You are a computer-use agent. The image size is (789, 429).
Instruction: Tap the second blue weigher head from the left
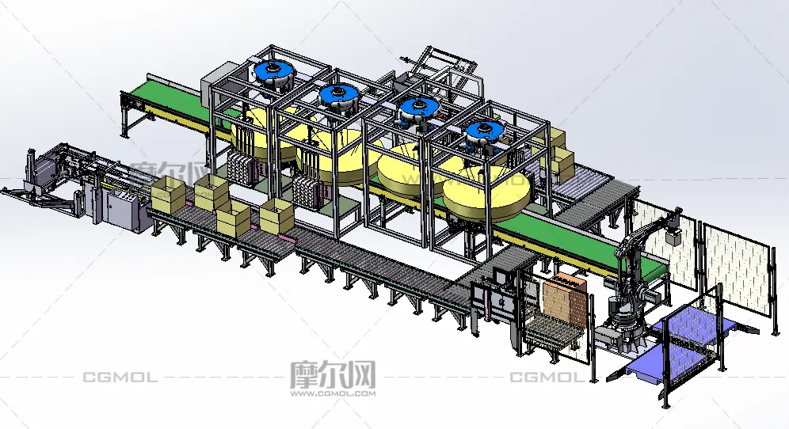(x=339, y=96)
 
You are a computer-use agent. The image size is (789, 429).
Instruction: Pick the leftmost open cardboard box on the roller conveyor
(x=168, y=195)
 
